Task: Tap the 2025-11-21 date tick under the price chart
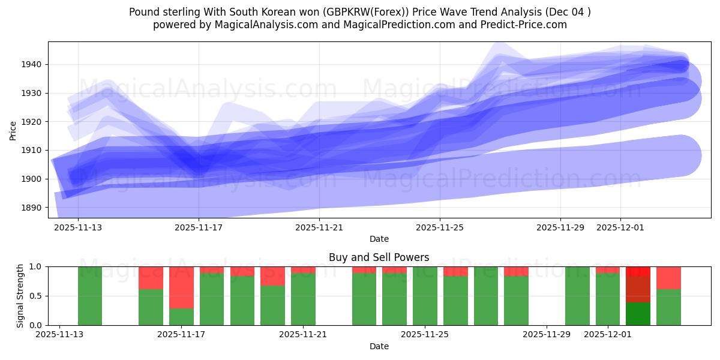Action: coord(319,228)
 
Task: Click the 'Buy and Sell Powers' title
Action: coord(379,257)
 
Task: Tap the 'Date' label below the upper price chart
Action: coord(379,239)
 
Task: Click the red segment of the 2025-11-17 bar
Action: coord(181,287)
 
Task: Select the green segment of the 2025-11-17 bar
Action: coord(181,317)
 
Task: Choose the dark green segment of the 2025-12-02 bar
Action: coord(638,314)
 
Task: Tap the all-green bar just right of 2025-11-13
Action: coord(90,296)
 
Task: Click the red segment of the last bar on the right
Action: coord(668,278)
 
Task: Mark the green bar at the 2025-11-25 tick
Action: coord(425,296)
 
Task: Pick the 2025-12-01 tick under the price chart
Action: coord(620,228)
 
